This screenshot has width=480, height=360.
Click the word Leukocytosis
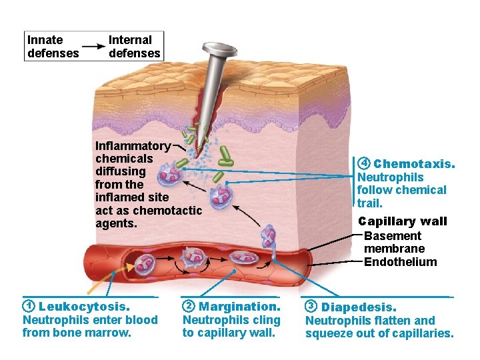(x=84, y=307)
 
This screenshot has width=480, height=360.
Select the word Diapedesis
(x=359, y=307)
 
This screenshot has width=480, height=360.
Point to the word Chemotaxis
(x=415, y=164)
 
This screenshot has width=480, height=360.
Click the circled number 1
(x=28, y=307)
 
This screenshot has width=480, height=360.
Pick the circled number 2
(x=189, y=307)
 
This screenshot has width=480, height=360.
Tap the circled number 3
(x=311, y=307)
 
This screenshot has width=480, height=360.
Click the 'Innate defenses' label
(x=53, y=47)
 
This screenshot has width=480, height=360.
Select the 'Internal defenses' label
(x=135, y=47)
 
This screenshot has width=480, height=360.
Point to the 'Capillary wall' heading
(x=403, y=221)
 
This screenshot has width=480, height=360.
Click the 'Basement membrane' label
(x=393, y=243)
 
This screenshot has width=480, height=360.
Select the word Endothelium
(x=401, y=262)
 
